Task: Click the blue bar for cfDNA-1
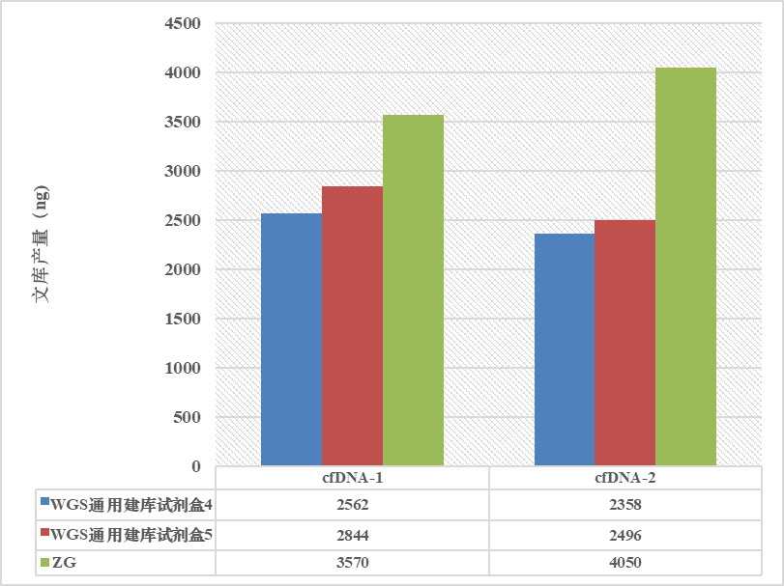coord(291,340)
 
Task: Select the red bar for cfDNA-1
coord(352,326)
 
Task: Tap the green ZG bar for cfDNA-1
coord(413,291)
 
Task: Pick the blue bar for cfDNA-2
coord(565,349)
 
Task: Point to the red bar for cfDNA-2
coord(624,343)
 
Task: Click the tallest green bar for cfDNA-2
coord(685,266)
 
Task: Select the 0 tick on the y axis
coord(195,466)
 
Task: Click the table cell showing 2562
coord(352,504)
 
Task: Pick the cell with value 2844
coord(352,534)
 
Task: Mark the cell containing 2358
coord(624,504)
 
